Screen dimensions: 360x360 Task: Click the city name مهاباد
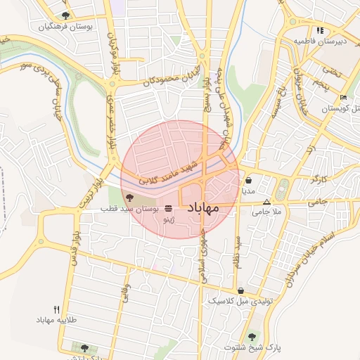click(x=203, y=208)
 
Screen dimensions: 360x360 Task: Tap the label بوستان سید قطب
click(x=125, y=209)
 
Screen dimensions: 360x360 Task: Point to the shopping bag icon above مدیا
click(x=248, y=180)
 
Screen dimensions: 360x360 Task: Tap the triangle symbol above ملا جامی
click(x=266, y=202)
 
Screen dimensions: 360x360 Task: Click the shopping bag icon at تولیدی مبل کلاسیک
click(x=241, y=290)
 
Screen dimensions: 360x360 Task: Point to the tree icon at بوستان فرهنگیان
click(x=65, y=15)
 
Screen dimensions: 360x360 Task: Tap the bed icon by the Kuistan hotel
click(x=343, y=97)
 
